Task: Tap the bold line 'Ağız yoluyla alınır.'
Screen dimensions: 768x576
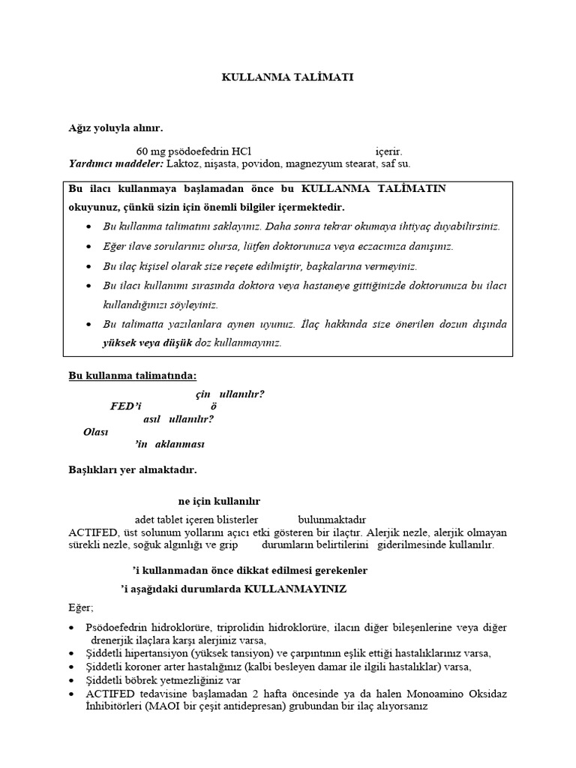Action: tap(115, 128)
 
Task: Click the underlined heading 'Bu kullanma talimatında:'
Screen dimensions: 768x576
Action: tap(133, 375)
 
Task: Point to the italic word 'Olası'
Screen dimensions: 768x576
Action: tap(96, 432)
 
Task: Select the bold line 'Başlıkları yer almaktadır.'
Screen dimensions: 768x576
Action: tap(133, 470)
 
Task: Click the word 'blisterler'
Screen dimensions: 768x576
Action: tap(235, 519)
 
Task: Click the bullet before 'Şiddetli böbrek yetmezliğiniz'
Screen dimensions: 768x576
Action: tap(72, 679)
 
